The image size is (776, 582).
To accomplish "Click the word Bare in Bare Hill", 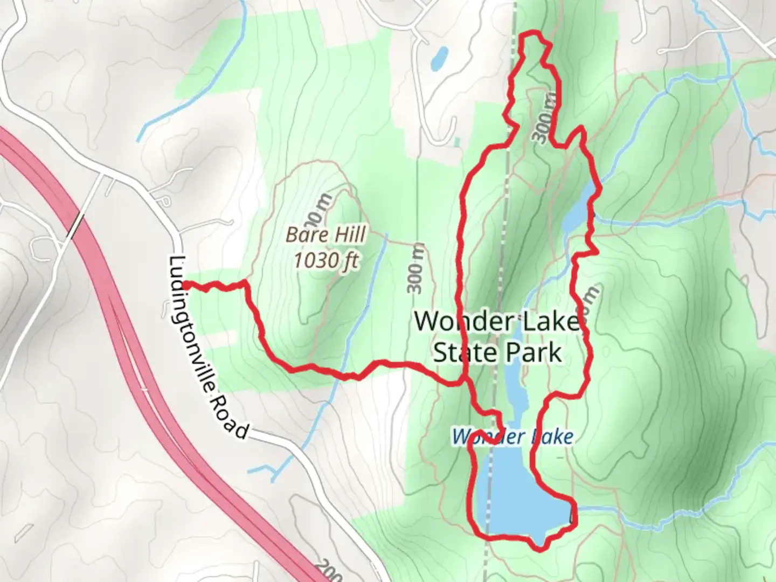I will coord(306,235).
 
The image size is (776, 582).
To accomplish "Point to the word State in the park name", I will coord(465,353).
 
